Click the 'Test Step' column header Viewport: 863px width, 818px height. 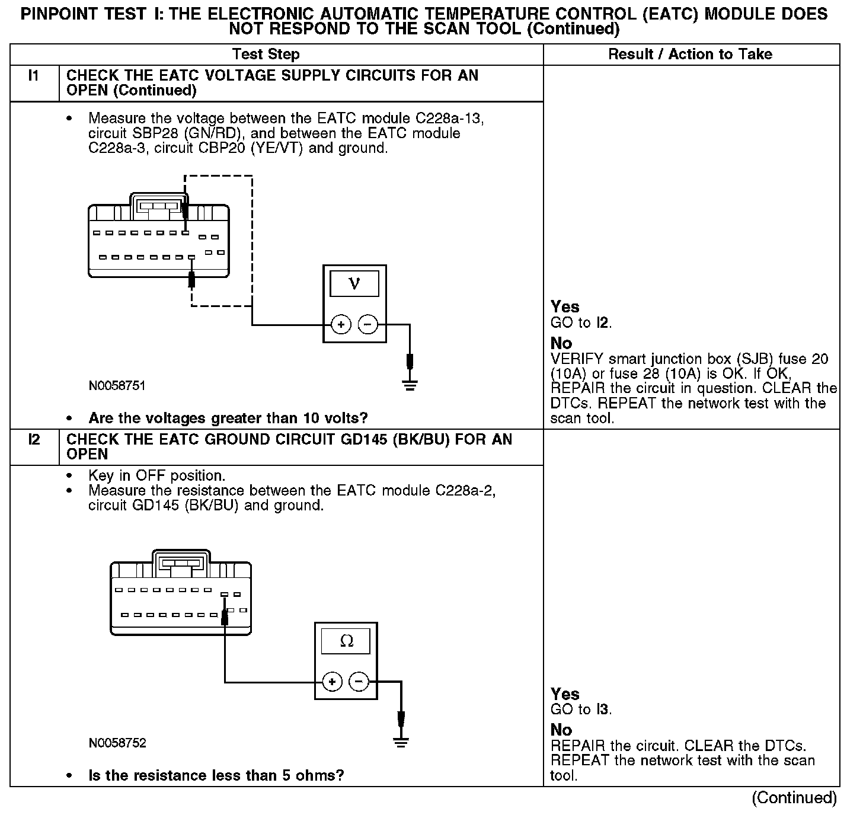(266, 55)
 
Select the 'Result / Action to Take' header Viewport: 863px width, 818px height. (691, 55)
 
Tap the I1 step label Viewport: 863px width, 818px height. (34, 76)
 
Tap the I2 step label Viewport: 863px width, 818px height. (34, 440)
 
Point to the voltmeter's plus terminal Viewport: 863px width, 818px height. (341, 325)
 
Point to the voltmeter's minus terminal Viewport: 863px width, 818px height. (368, 325)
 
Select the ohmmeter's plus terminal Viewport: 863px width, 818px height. (332, 682)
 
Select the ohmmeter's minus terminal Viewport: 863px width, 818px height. (359, 682)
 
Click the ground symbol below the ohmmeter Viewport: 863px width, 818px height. (401, 742)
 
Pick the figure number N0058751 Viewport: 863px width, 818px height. (117, 386)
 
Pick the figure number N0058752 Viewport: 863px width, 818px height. (117, 743)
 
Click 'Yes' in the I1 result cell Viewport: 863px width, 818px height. (565, 307)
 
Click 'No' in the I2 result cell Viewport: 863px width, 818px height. (561, 730)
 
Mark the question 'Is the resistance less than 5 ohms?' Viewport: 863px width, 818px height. (216, 775)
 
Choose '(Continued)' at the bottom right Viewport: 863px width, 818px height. (794, 798)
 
